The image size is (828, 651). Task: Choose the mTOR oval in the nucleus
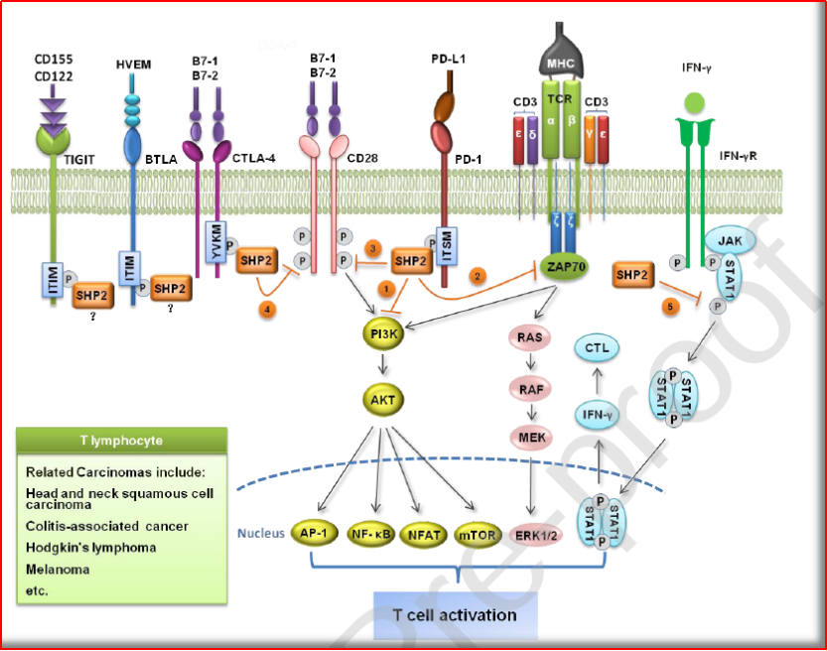479,534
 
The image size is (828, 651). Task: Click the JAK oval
731,240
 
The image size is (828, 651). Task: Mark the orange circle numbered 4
265,310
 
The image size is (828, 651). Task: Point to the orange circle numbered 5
671,308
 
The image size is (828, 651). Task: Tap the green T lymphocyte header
122,439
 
